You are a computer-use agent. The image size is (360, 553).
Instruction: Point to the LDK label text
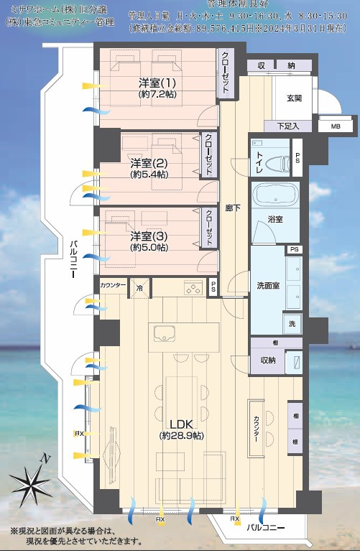(180, 424)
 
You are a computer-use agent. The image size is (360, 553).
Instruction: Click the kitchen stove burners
(193, 289)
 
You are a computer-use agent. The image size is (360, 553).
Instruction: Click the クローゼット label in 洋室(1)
(225, 73)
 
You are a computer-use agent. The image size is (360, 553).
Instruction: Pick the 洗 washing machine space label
(292, 324)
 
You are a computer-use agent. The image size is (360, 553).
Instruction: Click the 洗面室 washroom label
(268, 285)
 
